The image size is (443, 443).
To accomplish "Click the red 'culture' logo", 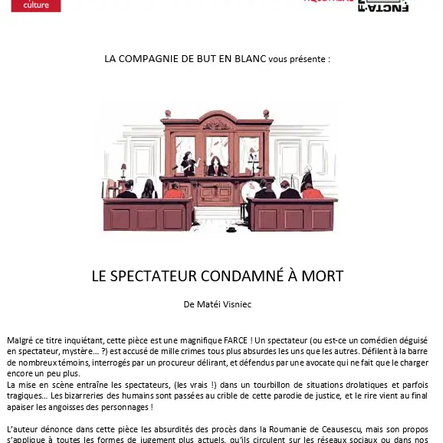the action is (x=31, y=5).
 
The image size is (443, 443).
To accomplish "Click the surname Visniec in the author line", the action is (x=235, y=304).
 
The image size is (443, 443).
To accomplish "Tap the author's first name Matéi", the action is (x=208, y=304).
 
